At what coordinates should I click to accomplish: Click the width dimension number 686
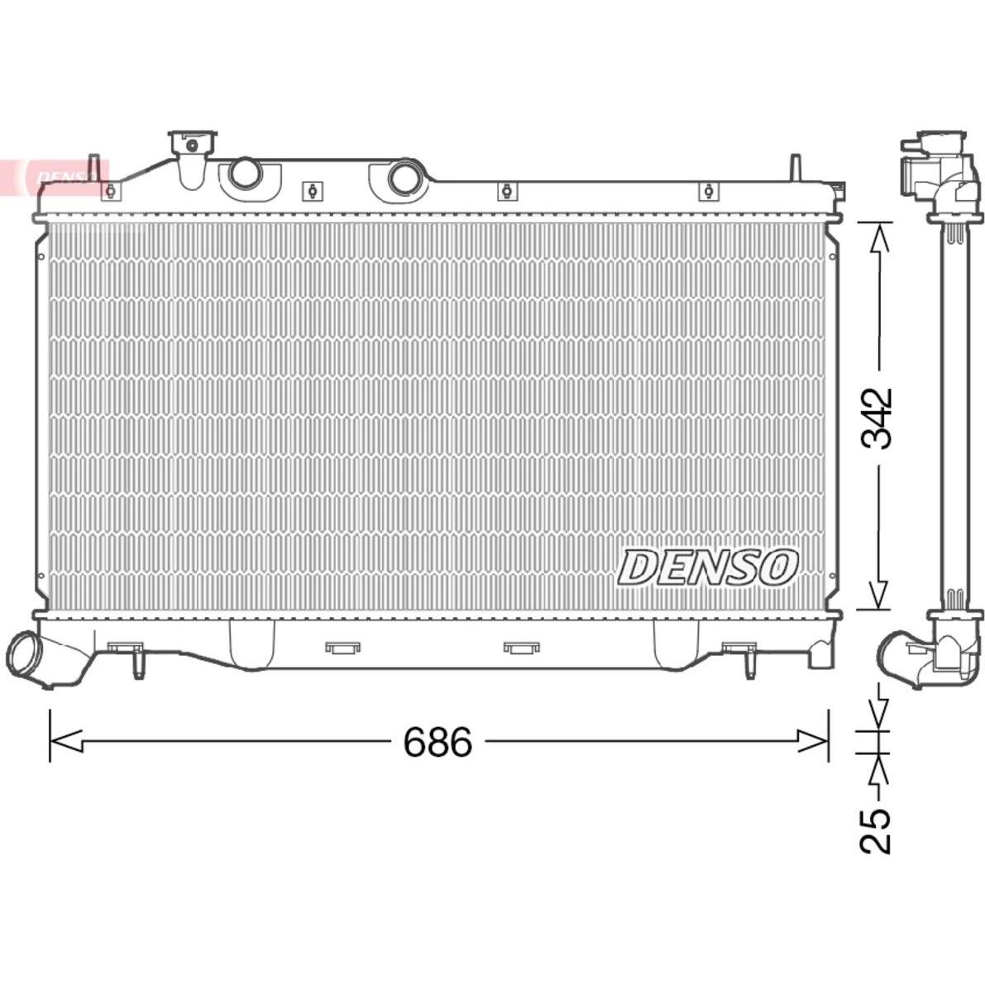[438, 742]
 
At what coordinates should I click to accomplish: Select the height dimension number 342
[877, 418]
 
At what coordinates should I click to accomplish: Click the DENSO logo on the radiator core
[707, 568]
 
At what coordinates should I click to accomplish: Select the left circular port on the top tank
[243, 174]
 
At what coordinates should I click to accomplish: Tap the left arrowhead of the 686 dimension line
[66, 741]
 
